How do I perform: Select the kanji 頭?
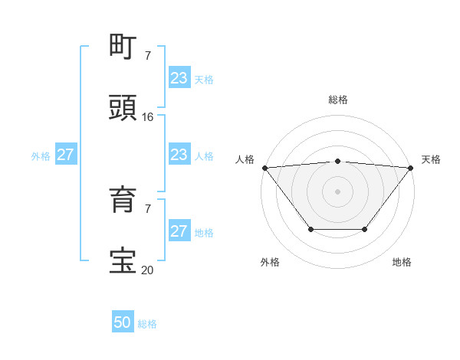pos(124,106)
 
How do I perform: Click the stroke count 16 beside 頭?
pos(148,116)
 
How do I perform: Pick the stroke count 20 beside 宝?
pos(148,270)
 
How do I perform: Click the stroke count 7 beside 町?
pos(148,56)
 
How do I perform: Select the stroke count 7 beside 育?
pos(148,208)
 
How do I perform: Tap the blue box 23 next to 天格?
pos(179,78)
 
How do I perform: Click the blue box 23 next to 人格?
pos(179,155)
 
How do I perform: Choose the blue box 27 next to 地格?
pos(179,231)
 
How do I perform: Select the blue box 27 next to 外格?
pos(65,155)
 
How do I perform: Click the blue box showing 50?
pos(123,322)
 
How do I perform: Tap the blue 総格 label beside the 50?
pos(147,324)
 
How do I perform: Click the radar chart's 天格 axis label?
pos(431,159)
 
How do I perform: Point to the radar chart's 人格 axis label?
pos(245,159)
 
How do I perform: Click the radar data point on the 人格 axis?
pos(264,168)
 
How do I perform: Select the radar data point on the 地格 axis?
pos(365,229)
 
